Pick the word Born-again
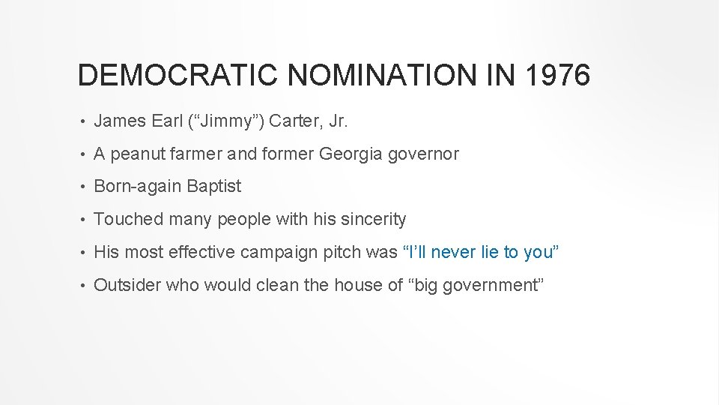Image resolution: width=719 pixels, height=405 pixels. tap(138, 186)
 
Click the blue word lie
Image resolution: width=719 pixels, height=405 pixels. tap(490, 252)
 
